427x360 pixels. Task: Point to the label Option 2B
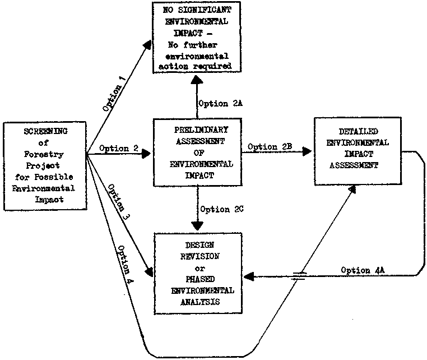[x=271, y=147]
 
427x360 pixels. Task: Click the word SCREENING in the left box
[x=45, y=131]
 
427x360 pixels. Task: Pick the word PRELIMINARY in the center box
[x=196, y=130]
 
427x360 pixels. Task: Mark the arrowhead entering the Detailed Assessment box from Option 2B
[x=307, y=151]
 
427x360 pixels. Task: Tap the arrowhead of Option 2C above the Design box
[x=197, y=225]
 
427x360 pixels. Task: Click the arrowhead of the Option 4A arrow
[x=252, y=277]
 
